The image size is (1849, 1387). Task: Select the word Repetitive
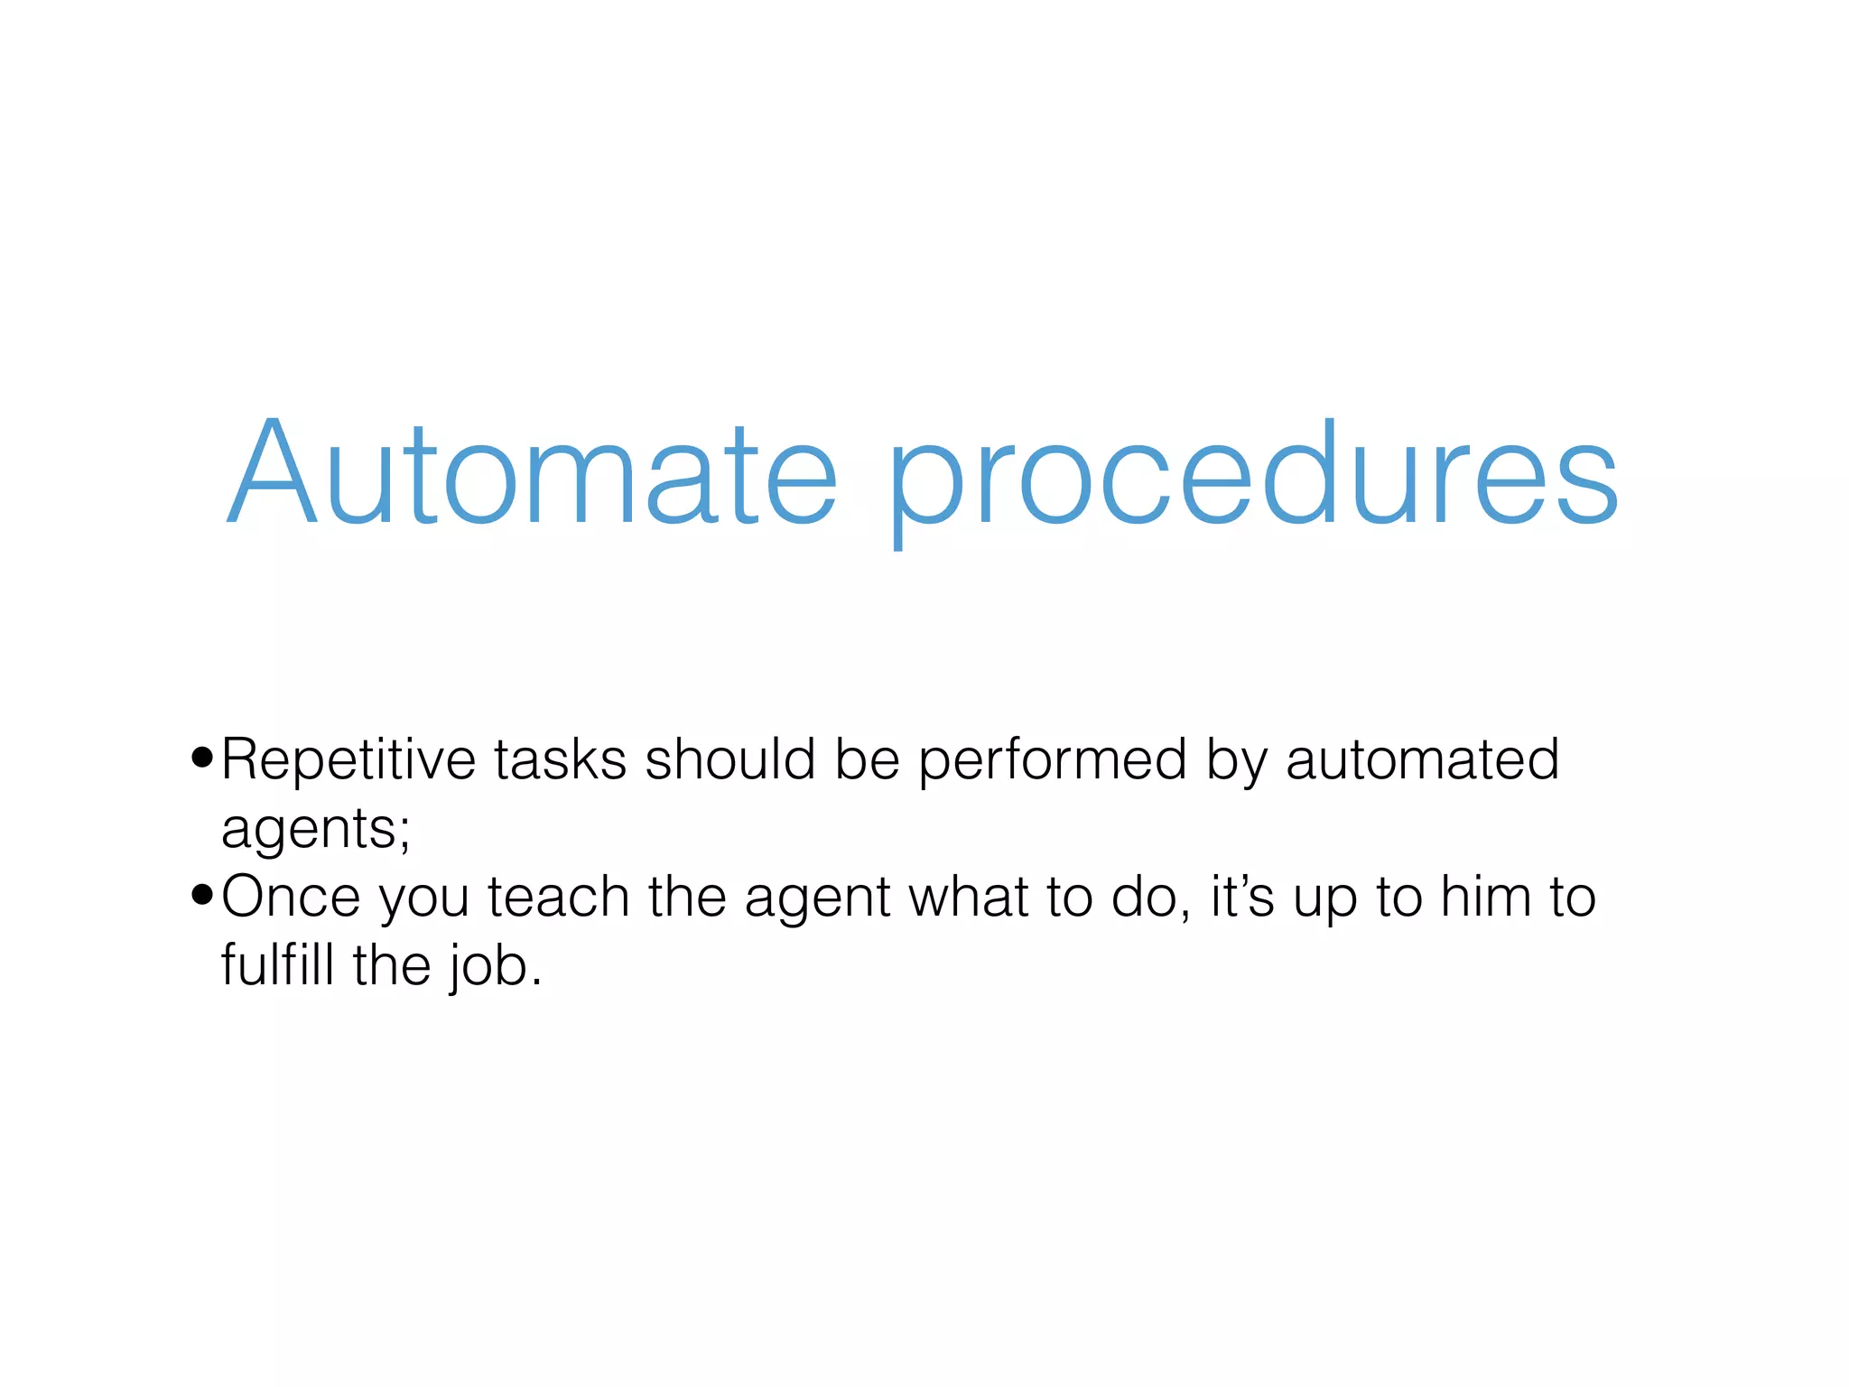click(348, 760)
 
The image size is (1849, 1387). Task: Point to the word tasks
click(560, 760)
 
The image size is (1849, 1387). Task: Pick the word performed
click(1053, 763)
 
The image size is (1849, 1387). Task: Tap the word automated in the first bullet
click(1422, 760)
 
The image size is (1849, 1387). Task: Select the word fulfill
click(279, 965)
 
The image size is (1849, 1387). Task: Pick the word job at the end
click(488, 968)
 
